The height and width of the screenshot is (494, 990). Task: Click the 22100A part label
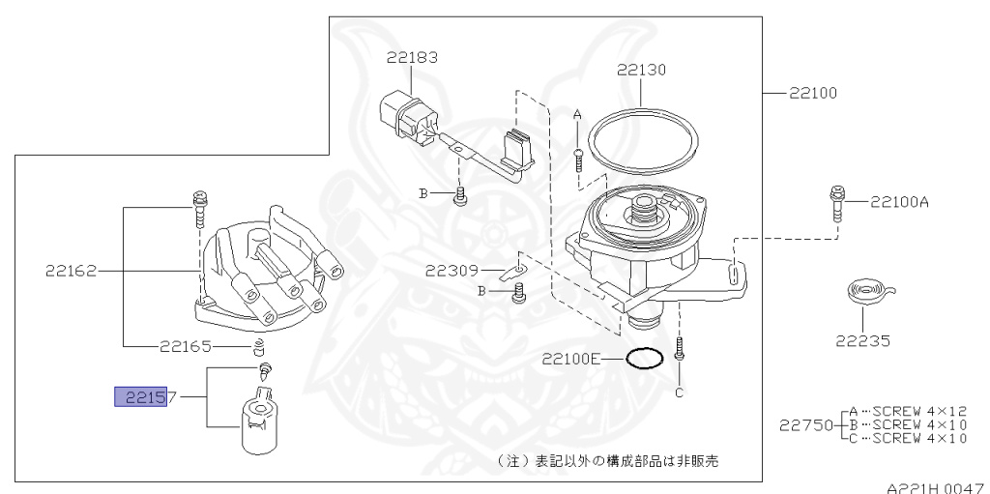click(899, 202)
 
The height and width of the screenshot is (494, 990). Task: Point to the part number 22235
click(864, 340)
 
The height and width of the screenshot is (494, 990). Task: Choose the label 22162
click(71, 272)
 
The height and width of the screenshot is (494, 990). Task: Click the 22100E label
click(571, 359)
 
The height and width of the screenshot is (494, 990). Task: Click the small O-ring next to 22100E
click(644, 359)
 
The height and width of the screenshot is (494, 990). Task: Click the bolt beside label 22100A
click(834, 205)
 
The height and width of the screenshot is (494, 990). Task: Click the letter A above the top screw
click(578, 114)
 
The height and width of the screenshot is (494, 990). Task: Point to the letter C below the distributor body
click(679, 392)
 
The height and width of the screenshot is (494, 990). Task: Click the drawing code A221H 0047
click(936, 486)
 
